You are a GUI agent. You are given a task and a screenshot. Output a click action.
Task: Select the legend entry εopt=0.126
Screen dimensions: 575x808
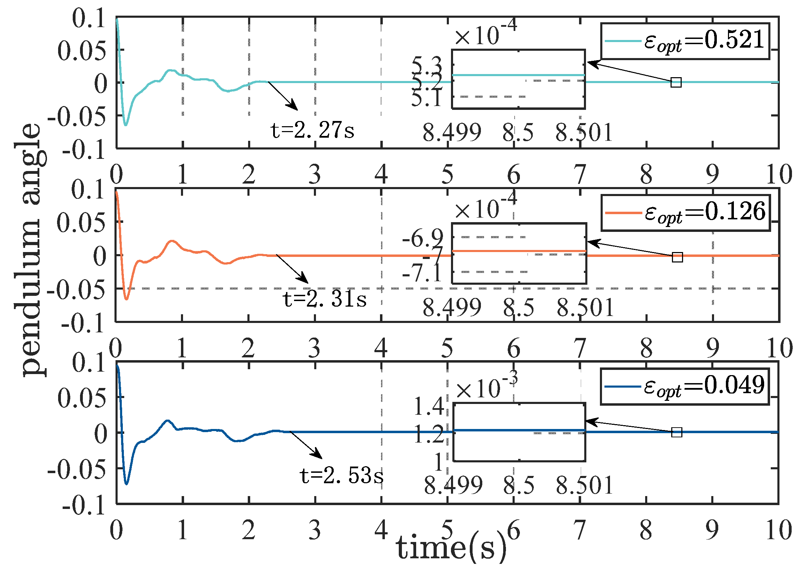pos(686,213)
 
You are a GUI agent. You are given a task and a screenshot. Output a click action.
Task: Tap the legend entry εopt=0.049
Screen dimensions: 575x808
pos(685,386)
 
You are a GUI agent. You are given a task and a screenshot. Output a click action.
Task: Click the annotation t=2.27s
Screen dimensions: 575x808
pos(312,130)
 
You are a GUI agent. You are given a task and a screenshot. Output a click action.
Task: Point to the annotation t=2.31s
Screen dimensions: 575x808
pos(324,299)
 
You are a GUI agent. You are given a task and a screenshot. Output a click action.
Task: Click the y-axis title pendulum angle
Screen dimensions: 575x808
pos(30,250)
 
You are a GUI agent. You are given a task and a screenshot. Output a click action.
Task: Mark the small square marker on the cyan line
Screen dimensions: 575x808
pos(676,82)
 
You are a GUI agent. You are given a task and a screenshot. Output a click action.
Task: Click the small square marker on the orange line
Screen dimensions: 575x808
pos(677,257)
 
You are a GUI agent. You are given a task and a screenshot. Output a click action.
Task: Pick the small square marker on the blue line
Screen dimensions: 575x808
pos(676,432)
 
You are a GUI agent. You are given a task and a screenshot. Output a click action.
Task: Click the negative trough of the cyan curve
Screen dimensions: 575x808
pos(126,125)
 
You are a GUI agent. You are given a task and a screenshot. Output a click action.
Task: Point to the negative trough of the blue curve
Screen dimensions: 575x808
pos(127,483)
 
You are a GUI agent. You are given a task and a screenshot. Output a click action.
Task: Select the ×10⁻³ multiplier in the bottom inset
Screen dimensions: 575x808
pos(486,388)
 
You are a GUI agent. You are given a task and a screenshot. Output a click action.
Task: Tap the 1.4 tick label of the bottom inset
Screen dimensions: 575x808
pos(428,406)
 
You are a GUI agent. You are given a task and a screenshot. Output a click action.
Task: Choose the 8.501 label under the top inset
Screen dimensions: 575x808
pos(584,133)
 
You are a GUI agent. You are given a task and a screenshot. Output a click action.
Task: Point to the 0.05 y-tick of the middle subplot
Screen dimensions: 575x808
pos(81,223)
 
